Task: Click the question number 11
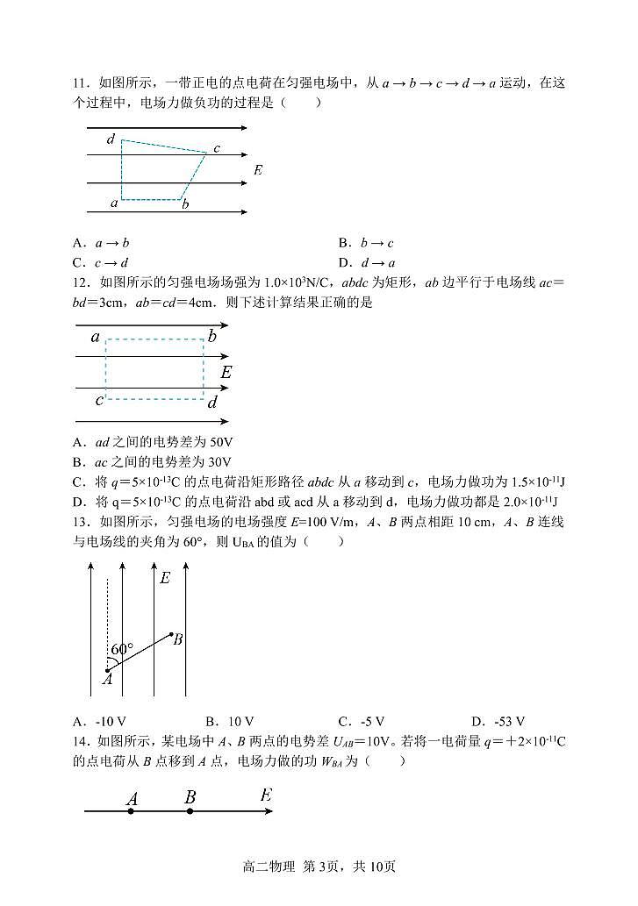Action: click(x=81, y=83)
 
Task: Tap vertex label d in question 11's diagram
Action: click(x=111, y=139)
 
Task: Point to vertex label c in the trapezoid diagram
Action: click(x=216, y=148)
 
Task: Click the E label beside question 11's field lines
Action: click(x=257, y=169)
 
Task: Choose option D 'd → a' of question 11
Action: click(x=368, y=262)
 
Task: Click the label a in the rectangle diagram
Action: click(x=95, y=337)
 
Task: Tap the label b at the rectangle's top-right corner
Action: click(x=211, y=337)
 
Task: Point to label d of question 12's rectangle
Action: click(x=211, y=403)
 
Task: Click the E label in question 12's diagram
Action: click(x=226, y=372)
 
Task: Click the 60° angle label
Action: click(x=122, y=650)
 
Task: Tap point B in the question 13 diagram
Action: click(x=177, y=638)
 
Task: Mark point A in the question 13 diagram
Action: click(x=106, y=677)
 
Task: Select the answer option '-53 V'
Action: click(x=498, y=722)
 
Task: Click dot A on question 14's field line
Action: click(x=131, y=811)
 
